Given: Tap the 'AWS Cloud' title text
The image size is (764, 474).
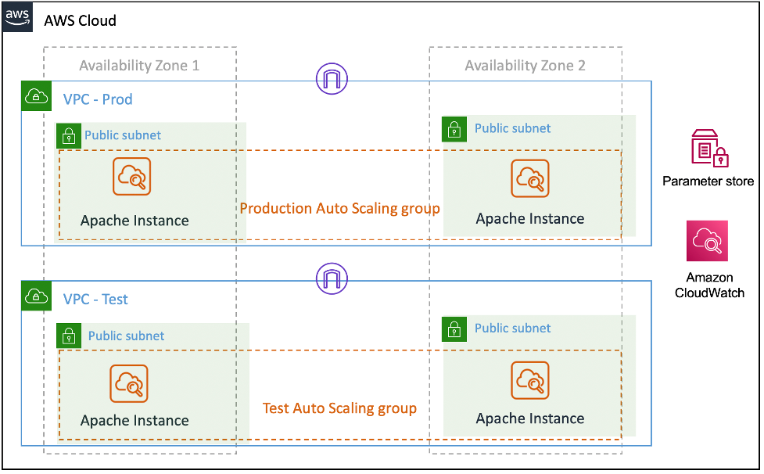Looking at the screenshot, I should [x=81, y=20].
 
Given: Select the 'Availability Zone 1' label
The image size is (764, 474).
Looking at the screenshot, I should [x=139, y=66].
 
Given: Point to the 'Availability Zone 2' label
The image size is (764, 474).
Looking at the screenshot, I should [x=525, y=66].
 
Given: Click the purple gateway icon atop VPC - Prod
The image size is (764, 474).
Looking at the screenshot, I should [x=332, y=78].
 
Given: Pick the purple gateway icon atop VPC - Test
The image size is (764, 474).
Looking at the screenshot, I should [x=332, y=278].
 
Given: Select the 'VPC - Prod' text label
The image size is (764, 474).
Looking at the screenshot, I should [x=98, y=99].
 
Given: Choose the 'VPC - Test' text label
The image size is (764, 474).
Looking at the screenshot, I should [x=95, y=300].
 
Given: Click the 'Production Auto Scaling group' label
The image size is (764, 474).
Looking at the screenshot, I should [x=339, y=209].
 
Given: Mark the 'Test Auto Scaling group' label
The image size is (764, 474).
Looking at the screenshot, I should [x=339, y=408].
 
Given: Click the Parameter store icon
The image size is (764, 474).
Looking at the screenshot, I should [x=709, y=149].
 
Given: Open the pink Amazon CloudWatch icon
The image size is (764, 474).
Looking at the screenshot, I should [x=707, y=240].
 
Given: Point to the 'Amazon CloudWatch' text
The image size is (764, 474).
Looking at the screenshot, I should [x=709, y=285].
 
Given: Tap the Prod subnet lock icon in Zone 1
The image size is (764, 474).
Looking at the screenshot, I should [x=69, y=135].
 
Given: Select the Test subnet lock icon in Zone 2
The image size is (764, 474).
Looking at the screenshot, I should [x=455, y=329].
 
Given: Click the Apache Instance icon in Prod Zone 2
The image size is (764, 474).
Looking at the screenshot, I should [x=530, y=178].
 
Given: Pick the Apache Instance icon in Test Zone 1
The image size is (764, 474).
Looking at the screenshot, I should [x=129, y=383].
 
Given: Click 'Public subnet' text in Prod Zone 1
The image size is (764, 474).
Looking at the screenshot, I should [x=123, y=135].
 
